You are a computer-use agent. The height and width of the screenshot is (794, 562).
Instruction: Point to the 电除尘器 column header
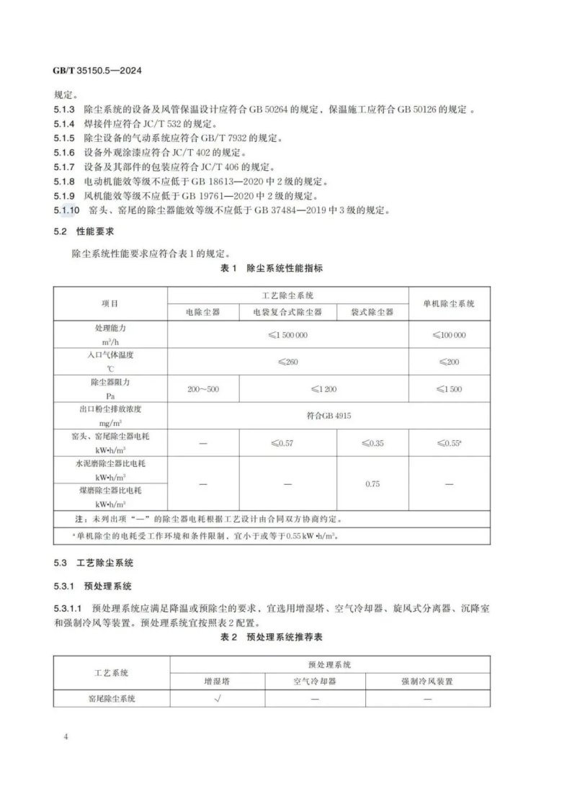click(x=202, y=312)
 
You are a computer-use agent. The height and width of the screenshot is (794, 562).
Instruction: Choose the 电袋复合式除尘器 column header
click(x=287, y=312)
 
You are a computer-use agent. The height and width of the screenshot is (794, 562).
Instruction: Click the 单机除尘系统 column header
click(x=449, y=303)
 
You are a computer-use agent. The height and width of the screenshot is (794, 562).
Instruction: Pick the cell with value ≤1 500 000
click(x=287, y=335)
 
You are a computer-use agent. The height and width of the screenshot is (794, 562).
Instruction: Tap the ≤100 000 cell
click(x=449, y=335)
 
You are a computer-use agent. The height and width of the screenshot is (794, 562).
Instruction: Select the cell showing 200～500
click(x=202, y=389)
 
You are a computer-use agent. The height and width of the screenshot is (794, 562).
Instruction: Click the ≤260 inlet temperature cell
click(x=287, y=362)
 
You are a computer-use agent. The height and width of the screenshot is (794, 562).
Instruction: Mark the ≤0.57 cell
click(x=287, y=443)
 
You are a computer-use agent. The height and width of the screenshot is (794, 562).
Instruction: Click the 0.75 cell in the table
click(x=372, y=483)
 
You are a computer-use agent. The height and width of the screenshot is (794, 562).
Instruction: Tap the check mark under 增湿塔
click(x=216, y=698)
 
